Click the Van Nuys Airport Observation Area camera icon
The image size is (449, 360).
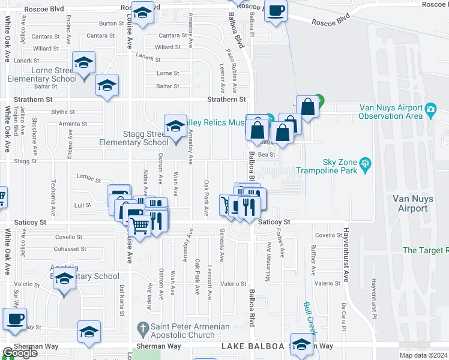pos(430,109)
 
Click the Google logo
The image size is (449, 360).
pos(20,353)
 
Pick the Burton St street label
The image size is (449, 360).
pos(112,23)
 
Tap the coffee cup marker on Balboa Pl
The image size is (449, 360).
pos(276,11)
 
